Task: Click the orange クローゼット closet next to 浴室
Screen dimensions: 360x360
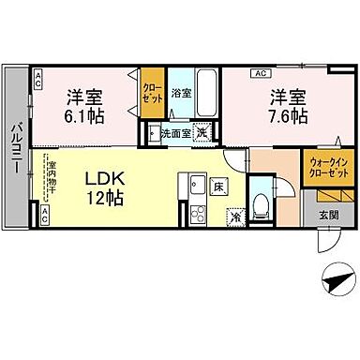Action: (x=150, y=94)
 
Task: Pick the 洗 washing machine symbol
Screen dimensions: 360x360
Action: (x=200, y=132)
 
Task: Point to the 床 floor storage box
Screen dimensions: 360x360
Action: (x=217, y=187)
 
